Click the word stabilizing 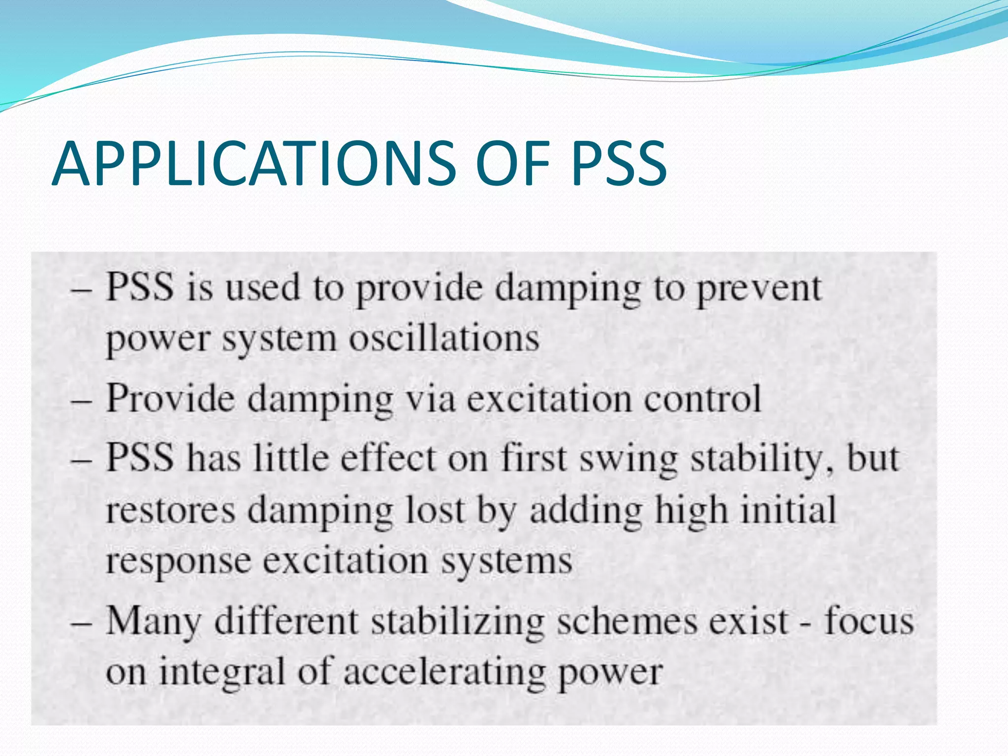point(457,622)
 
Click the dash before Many point(81,623)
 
